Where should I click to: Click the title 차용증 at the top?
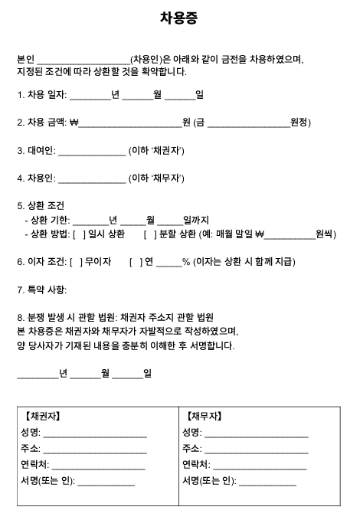(179, 18)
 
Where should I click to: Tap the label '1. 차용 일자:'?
(42, 96)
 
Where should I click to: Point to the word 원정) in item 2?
(301, 123)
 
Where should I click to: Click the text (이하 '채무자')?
(156, 178)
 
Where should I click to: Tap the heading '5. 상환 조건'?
(41, 206)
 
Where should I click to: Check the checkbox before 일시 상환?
(78, 234)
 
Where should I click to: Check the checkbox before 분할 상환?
(149, 234)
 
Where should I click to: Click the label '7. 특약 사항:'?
(42, 289)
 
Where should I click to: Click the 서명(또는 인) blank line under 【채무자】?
(267, 483)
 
